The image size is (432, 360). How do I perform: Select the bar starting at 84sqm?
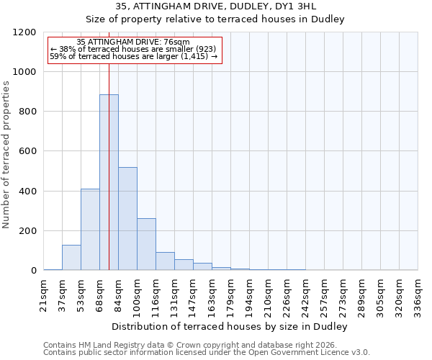click(x=127, y=219)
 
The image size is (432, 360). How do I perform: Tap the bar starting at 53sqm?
click(x=90, y=230)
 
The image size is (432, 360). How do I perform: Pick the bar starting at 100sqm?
click(x=146, y=244)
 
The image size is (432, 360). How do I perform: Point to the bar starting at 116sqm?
click(x=165, y=261)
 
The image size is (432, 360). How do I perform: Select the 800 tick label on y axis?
click(x=28, y=112)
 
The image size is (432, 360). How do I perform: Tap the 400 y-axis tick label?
click(x=28, y=192)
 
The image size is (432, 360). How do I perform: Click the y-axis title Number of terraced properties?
click(x=7, y=155)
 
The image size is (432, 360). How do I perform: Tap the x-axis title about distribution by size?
click(x=230, y=327)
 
